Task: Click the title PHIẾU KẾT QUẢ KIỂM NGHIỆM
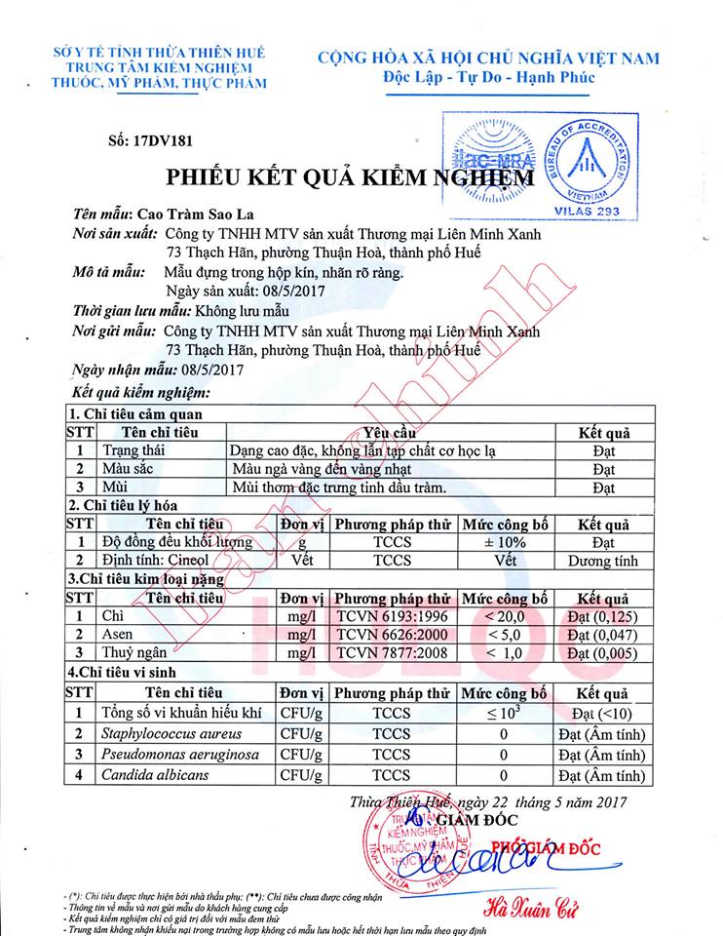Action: coord(362,178)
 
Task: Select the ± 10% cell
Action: coord(505,542)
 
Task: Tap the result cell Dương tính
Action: coord(602,561)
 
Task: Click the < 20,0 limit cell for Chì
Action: coord(505,616)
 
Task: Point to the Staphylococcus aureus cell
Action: coord(171,733)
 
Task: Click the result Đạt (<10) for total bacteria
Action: coord(602,713)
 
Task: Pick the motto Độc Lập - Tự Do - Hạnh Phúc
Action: coord(488,77)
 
